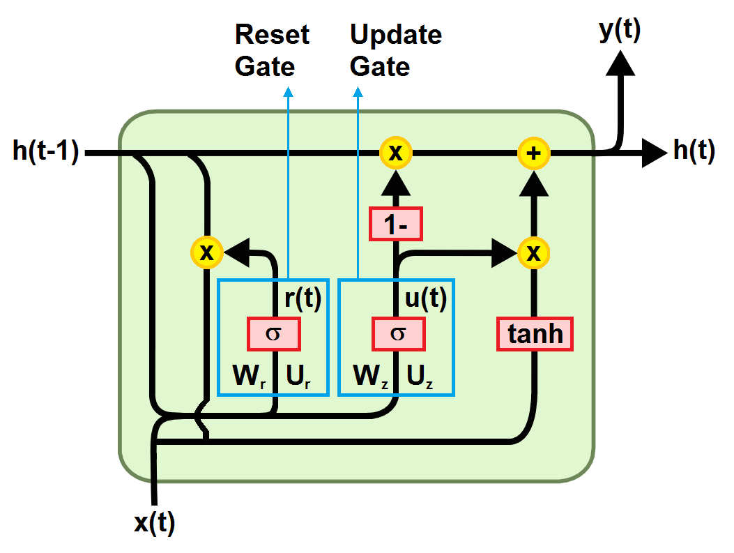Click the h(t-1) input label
pyautogui.click(x=46, y=151)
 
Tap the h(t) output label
pyautogui.click(x=694, y=151)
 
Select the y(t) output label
pyautogui.click(x=619, y=32)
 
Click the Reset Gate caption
pyautogui.click(x=272, y=50)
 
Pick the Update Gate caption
pyautogui.click(x=395, y=50)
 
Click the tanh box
pyautogui.click(x=535, y=334)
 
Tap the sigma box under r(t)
pyautogui.click(x=274, y=333)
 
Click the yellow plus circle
pyautogui.click(x=534, y=153)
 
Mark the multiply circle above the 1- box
pyautogui.click(x=395, y=153)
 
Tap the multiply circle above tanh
pyautogui.click(x=534, y=253)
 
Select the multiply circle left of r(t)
pyautogui.click(x=206, y=253)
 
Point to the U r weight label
pyautogui.click(x=296, y=377)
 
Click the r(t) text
pyautogui.click(x=302, y=298)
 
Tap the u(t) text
pyautogui.click(x=425, y=298)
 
